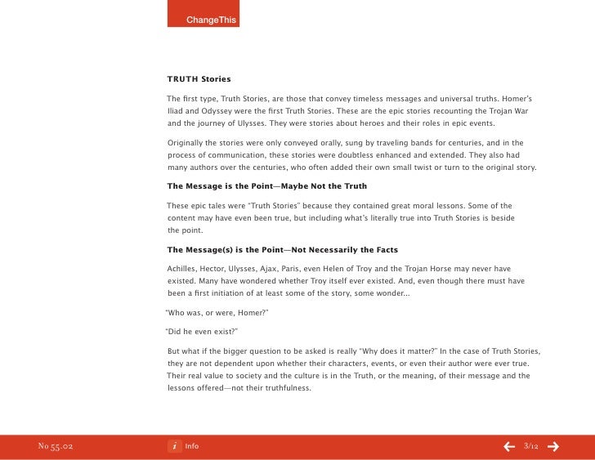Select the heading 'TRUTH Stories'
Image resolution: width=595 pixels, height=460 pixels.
coord(199,79)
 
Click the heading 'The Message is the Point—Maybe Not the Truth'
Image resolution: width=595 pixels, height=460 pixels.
coord(266,186)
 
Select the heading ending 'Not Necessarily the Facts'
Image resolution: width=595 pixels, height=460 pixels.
coord(282,249)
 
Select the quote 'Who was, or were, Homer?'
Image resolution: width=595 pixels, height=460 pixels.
coord(217,313)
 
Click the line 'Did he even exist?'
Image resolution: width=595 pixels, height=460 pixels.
coord(201,332)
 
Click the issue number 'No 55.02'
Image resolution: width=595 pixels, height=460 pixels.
coord(56,447)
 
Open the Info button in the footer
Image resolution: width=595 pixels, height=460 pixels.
coord(184,446)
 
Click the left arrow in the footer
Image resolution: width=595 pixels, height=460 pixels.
coord(508,447)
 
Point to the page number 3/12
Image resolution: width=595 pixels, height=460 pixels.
coord(530,446)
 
